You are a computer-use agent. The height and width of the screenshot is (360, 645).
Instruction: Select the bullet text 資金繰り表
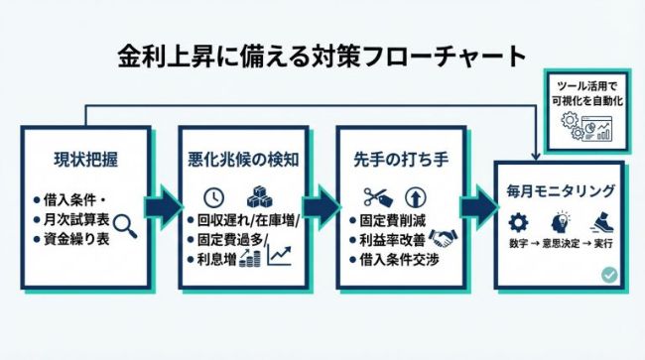(74, 241)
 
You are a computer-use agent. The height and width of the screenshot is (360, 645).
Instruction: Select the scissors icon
(374, 196)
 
